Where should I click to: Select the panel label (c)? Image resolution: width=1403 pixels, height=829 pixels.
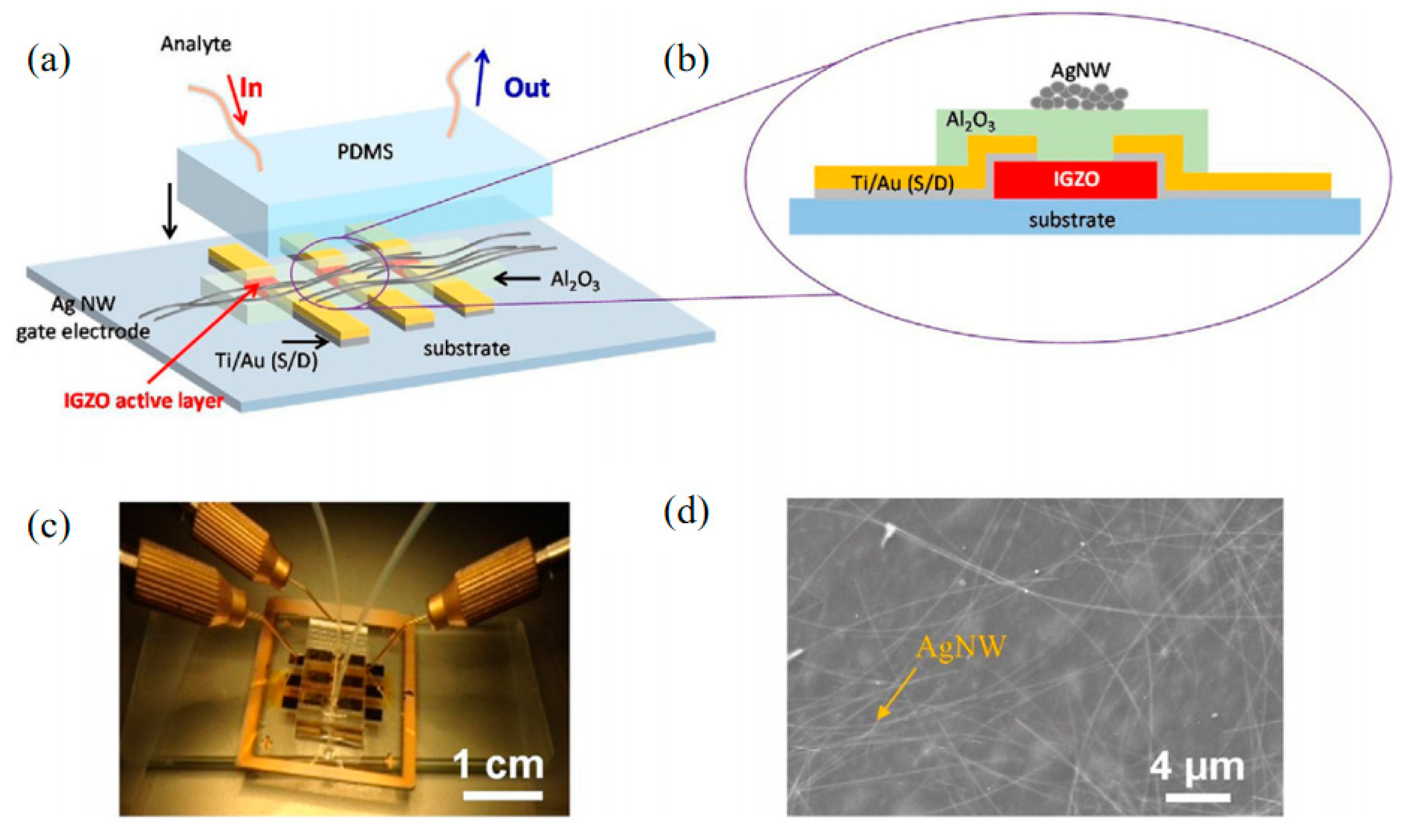[x=49, y=526]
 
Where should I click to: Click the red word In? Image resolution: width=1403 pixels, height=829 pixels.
[x=250, y=88]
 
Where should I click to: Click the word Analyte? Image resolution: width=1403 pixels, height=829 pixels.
[x=196, y=44]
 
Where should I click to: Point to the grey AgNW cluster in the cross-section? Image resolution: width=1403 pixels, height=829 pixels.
[x=1079, y=96]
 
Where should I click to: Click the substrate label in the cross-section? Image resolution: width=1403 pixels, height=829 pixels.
[x=1072, y=220]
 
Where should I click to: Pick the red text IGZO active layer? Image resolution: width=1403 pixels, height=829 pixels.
[x=144, y=400]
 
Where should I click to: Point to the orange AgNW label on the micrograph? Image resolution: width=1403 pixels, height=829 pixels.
[x=960, y=647]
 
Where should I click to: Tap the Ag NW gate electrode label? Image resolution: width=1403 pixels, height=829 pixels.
[x=83, y=318]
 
